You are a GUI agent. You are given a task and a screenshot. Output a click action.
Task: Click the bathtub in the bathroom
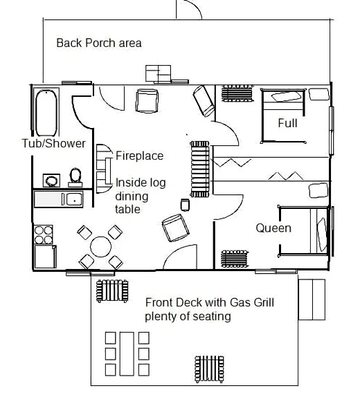click(x=46, y=113)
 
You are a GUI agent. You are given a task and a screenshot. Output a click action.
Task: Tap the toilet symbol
click(x=75, y=177)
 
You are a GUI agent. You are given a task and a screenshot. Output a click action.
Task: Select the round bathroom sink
click(x=51, y=181)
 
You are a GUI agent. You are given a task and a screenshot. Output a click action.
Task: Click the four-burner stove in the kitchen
click(x=44, y=234)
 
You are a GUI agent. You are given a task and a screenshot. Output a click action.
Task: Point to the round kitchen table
click(x=100, y=247)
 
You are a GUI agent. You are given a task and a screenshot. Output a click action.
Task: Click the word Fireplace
click(x=139, y=156)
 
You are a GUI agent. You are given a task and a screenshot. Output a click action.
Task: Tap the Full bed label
click(x=287, y=123)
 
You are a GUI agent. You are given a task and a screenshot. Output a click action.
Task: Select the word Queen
click(x=273, y=228)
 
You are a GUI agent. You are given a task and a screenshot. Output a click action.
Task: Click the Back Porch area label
click(x=99, y=43)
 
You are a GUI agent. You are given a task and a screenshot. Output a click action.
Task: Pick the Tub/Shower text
click(x=54, y=143)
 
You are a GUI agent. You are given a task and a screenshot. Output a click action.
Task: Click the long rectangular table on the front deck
click(x=127, y=353)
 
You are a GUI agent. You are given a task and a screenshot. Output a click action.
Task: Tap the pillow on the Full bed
click(x=287, y=96)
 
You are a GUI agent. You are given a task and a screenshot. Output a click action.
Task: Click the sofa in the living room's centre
click(x=200, y=169)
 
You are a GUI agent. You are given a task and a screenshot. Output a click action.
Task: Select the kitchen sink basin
click(x=74, y=199)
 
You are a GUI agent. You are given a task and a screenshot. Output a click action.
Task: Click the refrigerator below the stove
click(x=45, y=257)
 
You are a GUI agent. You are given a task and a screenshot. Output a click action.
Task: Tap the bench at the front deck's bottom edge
click(x=209, y=369)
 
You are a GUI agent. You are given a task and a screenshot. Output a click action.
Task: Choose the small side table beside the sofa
click(x=185, y=205)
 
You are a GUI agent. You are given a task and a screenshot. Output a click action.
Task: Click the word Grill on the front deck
click(x=264, y=302)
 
